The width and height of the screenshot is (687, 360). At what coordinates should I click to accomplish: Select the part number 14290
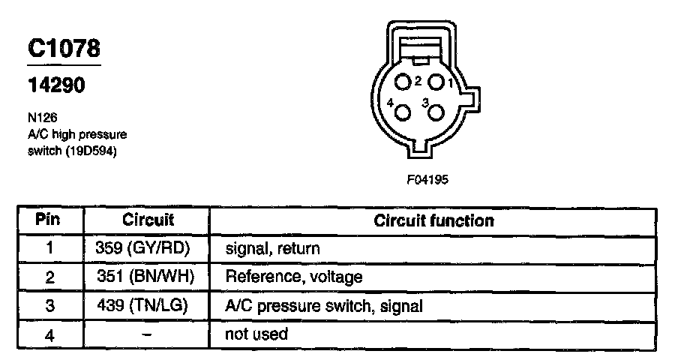56,85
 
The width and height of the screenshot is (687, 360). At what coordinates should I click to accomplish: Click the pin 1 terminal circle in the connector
436,81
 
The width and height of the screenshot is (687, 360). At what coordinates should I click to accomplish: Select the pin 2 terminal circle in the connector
403,82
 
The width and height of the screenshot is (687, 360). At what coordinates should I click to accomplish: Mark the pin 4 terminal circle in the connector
403,113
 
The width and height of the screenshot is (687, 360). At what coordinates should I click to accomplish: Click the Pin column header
49,220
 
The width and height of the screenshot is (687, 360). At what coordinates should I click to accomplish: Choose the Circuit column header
147,220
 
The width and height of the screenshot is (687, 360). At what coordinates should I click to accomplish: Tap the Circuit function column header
433,220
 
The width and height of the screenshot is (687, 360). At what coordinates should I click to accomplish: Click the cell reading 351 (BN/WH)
145,277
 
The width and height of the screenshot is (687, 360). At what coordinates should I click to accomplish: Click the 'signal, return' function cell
272,248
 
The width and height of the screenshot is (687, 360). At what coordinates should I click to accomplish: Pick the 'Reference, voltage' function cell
294,277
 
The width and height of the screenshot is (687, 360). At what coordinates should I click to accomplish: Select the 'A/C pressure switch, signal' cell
324,305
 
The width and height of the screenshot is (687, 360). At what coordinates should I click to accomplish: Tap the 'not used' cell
256,334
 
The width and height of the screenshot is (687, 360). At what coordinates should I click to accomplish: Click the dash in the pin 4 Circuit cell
146,334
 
